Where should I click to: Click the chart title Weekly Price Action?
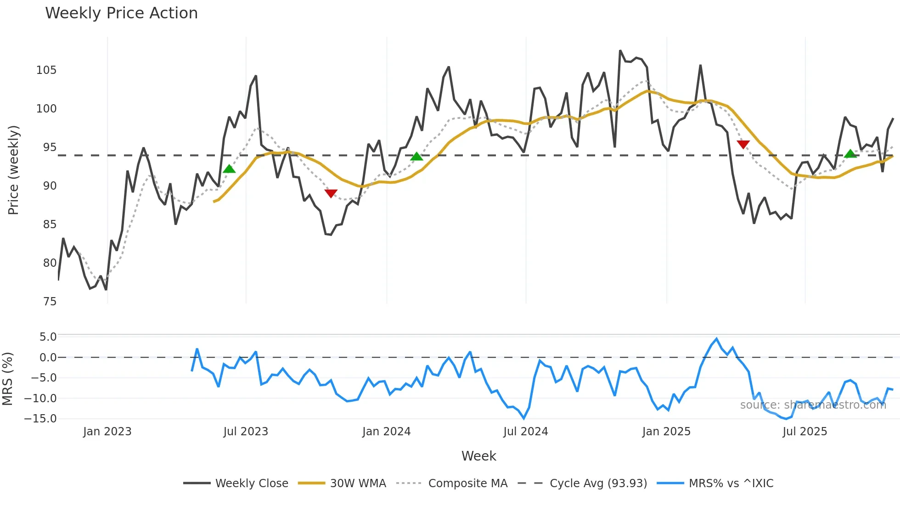pos(121,13)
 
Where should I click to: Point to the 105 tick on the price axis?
pos(46,70)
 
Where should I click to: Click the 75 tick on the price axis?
pos(50,302)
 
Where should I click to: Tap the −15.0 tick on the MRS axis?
pos(41,419)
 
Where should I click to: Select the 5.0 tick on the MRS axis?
pos(48,337)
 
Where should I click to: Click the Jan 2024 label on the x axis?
pos(386,432)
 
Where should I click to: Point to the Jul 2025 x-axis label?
pos(804,432)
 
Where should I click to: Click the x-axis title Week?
pos(478,456)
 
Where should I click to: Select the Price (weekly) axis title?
pos(13,170)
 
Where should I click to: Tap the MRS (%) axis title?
pos(7,379)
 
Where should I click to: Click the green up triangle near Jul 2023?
pos(229,169)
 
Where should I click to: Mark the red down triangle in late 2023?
pos(331,193)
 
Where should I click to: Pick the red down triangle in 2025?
pos(743,144)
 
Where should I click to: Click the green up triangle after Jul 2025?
pos(850,154)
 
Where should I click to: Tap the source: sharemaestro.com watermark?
pos(813,405)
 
